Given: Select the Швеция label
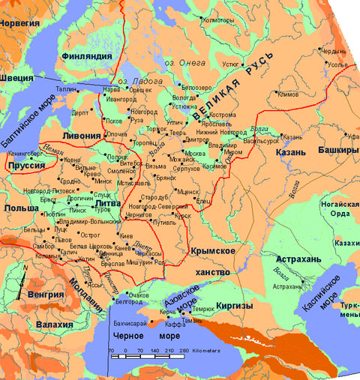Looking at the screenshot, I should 16,77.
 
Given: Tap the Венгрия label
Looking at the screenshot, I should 45,294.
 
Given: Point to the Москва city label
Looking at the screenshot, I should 194,154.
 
